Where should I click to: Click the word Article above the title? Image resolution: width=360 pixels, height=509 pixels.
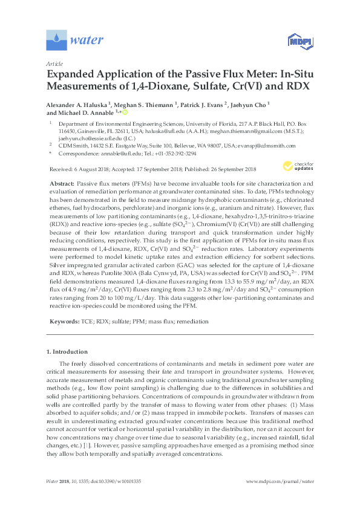pyautogui.click(x=53, y=63)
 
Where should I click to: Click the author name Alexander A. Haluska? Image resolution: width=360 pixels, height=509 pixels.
pyautogui.click(x=76, y=105)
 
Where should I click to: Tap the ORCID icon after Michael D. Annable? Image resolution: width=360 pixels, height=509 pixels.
pyautogui.click(x=125, y=112)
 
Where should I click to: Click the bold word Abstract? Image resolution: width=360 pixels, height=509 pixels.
pyautogui.click(x=61, y=183)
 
